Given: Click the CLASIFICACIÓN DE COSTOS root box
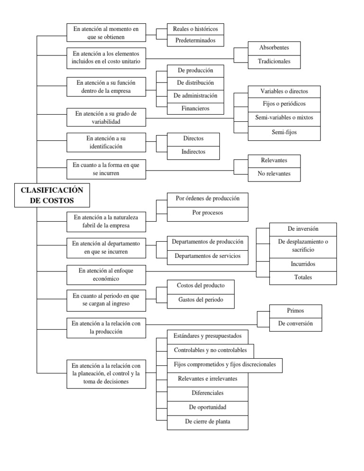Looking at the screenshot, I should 52,195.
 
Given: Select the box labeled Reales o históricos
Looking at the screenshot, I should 195,29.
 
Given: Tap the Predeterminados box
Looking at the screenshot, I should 195,41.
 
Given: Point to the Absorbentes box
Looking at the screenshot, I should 274,48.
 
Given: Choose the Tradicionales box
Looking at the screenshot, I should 274,61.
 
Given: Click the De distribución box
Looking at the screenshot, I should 195,83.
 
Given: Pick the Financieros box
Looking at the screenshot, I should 195,109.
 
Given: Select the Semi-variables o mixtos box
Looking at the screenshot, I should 284,117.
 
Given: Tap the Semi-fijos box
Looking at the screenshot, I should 284,133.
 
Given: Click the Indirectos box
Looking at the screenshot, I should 193,152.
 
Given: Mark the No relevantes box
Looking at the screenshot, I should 274,174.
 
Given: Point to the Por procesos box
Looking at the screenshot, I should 208,213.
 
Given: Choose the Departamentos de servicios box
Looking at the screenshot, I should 208,256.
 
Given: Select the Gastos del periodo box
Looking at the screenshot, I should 200,299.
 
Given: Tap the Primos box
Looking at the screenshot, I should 295,311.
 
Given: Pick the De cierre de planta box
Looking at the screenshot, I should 208,421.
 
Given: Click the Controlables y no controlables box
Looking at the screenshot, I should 210,351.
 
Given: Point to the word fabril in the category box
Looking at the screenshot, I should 83,226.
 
